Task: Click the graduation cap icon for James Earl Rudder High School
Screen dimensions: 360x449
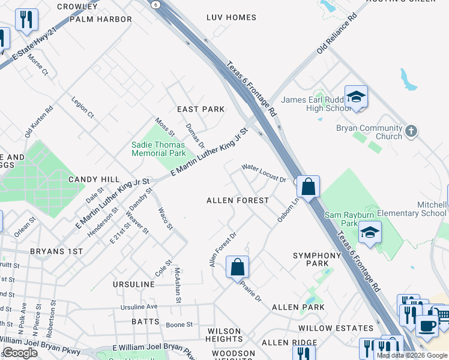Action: coord(356,96)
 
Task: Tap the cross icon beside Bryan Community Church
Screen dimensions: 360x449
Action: coord(411,131)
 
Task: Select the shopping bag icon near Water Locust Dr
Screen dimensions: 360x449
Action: coord(308,187)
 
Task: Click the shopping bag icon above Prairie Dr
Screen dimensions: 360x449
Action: coord(238,265)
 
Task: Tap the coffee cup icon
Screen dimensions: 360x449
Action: coord(427,325)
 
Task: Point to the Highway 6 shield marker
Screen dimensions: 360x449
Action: coord(155,4)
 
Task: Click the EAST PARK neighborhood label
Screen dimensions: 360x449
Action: coord(200,109)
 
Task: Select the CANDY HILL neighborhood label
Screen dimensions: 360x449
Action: coord(94,179)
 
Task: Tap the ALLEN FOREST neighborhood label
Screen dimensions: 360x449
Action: coord(238,200)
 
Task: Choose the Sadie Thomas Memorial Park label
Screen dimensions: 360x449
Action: coord(159,149)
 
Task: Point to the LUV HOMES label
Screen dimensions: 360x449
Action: coord(231,17)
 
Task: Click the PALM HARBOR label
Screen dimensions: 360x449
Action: coord(101,19)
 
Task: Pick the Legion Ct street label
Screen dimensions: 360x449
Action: coord(83,107)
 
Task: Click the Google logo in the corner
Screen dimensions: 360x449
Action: coord(20,353)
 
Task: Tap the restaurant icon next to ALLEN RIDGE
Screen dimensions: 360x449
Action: coord(306,354)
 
